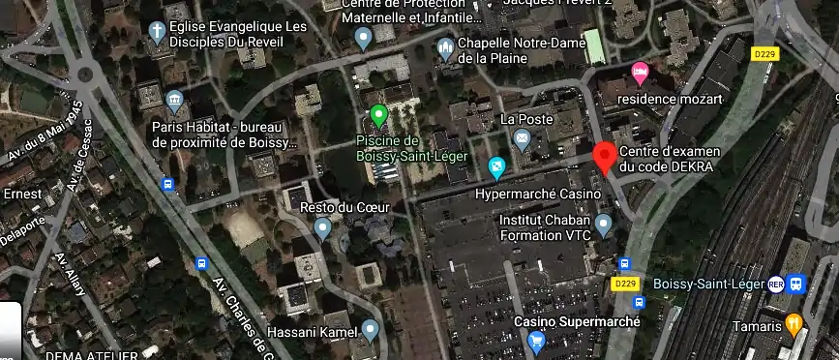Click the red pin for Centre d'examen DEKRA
[x=605, y=156]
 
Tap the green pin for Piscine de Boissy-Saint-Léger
[x=379, y=116]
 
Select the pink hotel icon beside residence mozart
[x=640, y=73]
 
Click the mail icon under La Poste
[x=523, y=141]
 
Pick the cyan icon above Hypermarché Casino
[x=497, y=167]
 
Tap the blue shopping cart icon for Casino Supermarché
[x=536, y=341]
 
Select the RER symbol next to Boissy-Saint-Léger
[x=775, y=284]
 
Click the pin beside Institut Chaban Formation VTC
[x=604, y=226]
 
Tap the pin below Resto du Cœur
[x=323, y=228]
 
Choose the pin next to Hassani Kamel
[x=368, y=330]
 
